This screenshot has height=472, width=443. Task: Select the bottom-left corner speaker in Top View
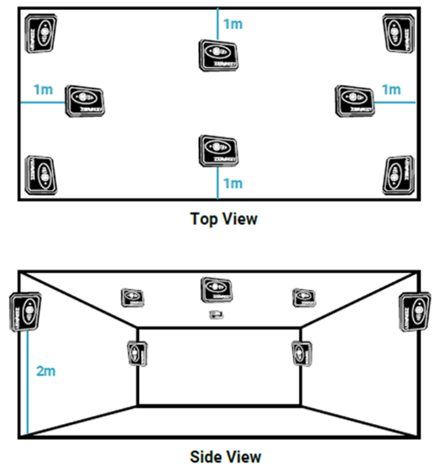coord(40,175)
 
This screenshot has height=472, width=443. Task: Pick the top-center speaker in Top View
coord(218,54)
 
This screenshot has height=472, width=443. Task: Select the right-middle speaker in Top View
coord(354,100)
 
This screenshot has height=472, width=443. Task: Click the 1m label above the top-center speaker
coord(232,24)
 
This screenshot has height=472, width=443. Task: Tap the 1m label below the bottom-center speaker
coord(232,183)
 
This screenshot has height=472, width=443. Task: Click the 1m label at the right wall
coord(392,90)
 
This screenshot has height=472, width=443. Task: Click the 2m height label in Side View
coord(45,370)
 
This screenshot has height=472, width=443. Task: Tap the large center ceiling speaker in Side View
coord(217,290)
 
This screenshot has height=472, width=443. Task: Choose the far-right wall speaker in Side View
coord(414,312)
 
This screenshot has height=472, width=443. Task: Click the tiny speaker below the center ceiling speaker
coord(217,314)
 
